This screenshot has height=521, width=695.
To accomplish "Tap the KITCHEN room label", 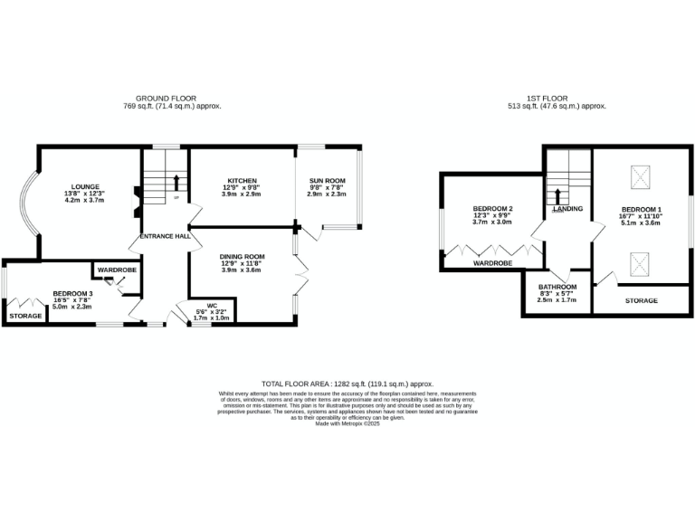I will tap(241, 180).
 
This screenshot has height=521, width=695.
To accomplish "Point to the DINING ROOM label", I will tap(241, 256).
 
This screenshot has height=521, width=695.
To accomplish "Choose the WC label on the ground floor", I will tap(212, 305).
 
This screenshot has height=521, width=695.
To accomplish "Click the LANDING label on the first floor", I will tap(567, 209).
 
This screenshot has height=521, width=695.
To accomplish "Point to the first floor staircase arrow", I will tap(557, 194).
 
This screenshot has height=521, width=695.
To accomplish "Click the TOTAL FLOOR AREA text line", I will tap(347, 384).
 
